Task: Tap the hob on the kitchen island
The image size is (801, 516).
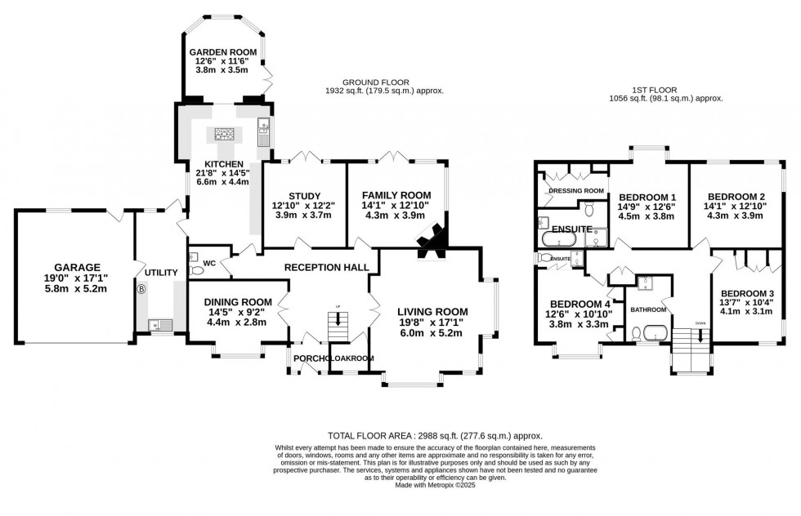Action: pos(224,135)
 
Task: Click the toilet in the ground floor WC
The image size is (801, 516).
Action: pos(195,270)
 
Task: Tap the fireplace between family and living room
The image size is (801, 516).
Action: pos(430,238)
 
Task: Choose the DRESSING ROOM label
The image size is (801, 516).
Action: pos(575,190)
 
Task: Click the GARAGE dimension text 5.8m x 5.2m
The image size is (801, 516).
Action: pos(77,289)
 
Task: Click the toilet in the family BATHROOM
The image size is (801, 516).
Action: pos(636,332)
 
